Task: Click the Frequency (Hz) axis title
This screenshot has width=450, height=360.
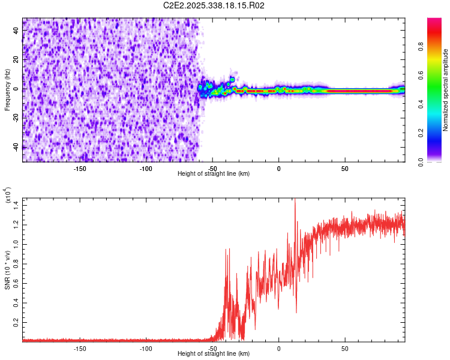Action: pos(8,90)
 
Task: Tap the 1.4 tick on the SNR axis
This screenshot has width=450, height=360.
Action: pos(16,205)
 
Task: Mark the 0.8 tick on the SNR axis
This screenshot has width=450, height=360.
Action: pos(16,263)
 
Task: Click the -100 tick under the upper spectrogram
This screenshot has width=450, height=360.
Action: pos(146,168)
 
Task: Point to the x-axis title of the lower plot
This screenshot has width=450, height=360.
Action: pos(214,355)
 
